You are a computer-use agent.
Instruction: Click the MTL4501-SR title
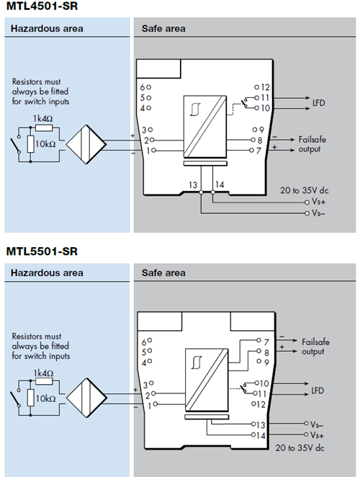point(42,6)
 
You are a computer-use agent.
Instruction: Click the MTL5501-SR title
point(42,251)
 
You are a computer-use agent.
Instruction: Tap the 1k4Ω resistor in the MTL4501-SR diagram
point(44,128)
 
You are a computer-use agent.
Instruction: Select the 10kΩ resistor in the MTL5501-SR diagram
point(30,398)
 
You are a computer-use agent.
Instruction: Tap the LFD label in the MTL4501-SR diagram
point(319,103)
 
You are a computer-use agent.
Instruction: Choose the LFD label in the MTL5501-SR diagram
point(318,391)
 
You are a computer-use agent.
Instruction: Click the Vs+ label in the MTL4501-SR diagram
point(318,202)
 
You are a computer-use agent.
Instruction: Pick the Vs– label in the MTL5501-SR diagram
point(317,424)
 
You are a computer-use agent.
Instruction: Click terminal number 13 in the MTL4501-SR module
point(193,184)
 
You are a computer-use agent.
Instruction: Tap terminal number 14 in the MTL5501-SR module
point(261,435)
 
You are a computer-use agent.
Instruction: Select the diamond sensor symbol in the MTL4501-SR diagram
point(86,144)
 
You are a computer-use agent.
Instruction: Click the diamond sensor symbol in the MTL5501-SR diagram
point(86,398)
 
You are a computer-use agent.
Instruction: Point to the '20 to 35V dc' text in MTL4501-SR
point(305,190)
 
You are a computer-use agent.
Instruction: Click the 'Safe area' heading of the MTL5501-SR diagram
point(163,272)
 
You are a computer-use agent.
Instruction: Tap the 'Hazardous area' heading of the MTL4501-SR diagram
point(47,29)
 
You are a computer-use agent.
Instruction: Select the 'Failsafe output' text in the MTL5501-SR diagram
point(315,347)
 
